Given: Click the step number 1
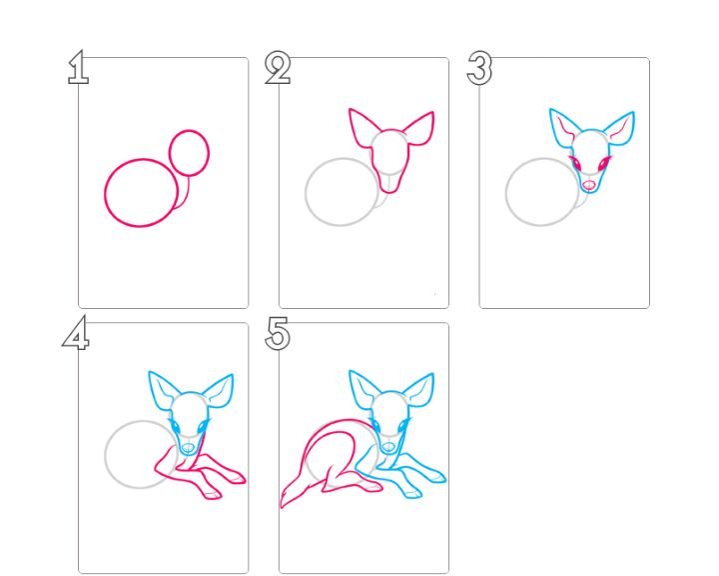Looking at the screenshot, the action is click(79, 67).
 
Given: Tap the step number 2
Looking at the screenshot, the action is click(278, 68).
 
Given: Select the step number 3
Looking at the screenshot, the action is click(479, 68).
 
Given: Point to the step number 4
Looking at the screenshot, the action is click(76, 333).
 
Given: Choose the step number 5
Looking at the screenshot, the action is click(278, 333).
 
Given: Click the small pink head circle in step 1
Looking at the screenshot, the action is click(169, 153).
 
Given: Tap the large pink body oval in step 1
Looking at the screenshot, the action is click(105, 193).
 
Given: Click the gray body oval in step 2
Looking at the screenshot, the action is click(306, 192).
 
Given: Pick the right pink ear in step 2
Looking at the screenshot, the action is click(420, 129).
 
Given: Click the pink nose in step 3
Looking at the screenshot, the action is click(589, 185).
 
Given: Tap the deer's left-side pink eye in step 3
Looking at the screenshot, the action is click(575, 163).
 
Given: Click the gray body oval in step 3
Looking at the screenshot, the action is click(506, 192).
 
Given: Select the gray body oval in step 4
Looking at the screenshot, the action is click(105, 455).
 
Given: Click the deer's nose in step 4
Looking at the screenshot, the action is click(188, 447).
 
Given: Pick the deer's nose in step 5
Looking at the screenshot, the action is click(388, 447).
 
